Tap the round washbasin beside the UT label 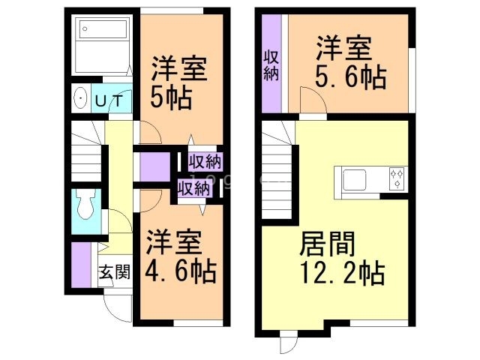(79, 99)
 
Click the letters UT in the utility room (110, 99)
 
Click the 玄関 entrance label (115, 271)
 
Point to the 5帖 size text (171, 97)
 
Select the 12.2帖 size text (341, 271)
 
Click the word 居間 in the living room (327, 244)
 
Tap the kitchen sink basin (354, 179)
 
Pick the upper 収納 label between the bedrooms (204, 161)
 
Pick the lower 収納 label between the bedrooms (193, 187)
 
